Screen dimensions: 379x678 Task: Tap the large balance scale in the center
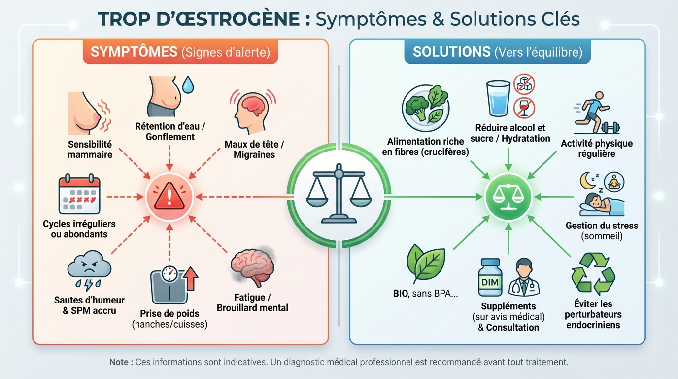(339, 194)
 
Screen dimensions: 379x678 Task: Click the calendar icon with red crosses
(79, 194)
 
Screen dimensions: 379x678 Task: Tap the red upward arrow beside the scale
(190, 278)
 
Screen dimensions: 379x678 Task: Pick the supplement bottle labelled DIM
(490, 277)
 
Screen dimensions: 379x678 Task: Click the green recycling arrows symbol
(593, 274)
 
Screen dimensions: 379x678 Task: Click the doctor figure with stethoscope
(524, 277)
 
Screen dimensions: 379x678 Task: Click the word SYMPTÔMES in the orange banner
(134, 52)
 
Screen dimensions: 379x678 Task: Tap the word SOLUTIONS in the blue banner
(451, 52)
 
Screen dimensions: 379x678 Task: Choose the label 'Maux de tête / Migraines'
(254, 149)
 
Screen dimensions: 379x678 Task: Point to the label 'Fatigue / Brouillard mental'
(252, 303)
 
